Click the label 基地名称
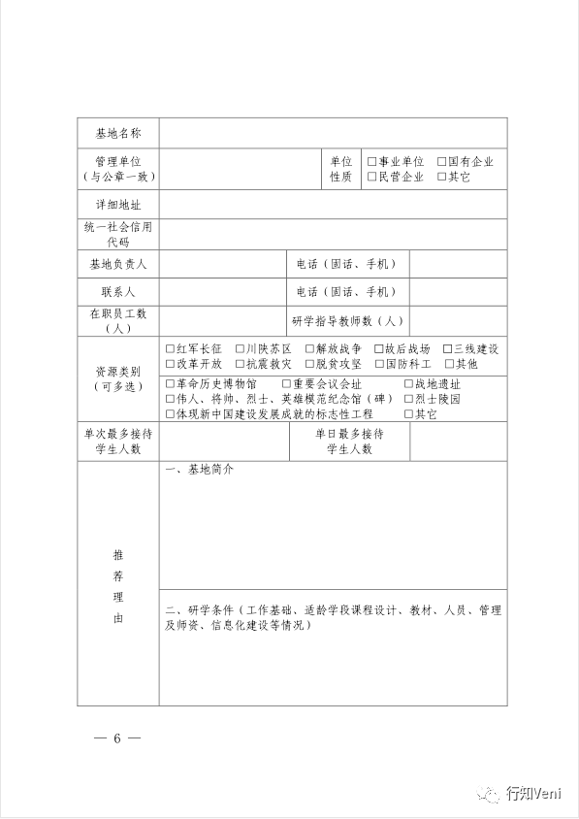tap(117, 133)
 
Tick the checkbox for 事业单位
tap(371, 162)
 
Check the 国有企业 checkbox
tap(441, 162)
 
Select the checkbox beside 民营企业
tap(371, 178)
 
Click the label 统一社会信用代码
tap(117, 234)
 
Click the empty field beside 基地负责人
tap(222, 264)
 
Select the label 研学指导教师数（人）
tap(346, 320)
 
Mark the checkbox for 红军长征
tap(170, 349)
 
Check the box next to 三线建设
tap(448, 349)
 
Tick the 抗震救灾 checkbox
tap(240, 364)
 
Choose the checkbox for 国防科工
tap(379, 364)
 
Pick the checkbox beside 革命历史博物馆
tap(170, 384)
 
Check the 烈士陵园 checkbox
tap(408, 399)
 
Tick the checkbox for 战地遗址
tap(408, 384)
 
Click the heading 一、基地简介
tap(200, 471)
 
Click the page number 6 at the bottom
tap(117, 738)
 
